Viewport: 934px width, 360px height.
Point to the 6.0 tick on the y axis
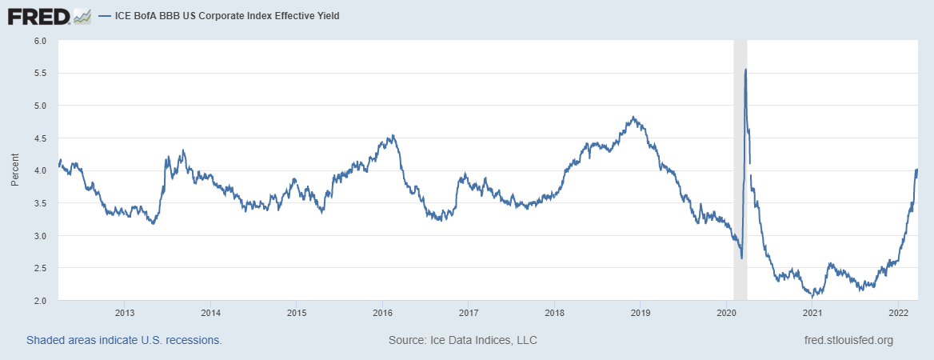[41, 40]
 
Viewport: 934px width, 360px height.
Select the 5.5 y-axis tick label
[41, 73]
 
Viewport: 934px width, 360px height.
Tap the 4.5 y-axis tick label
[41, 138]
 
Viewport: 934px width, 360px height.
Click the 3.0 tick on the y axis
[41, 235]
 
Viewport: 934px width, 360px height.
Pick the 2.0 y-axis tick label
[41, 300]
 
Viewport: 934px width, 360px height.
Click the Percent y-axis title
[14, 170]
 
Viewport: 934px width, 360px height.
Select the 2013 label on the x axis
[124, 312]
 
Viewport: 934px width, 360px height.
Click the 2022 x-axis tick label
[898, 312]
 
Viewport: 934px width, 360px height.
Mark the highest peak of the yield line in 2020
[745, 70]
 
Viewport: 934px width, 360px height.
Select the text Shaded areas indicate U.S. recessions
[124, 340]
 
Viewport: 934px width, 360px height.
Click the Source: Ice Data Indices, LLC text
[462, 340]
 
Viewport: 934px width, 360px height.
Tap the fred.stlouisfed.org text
[848, 340]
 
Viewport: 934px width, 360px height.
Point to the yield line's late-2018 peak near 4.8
[633, 118]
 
